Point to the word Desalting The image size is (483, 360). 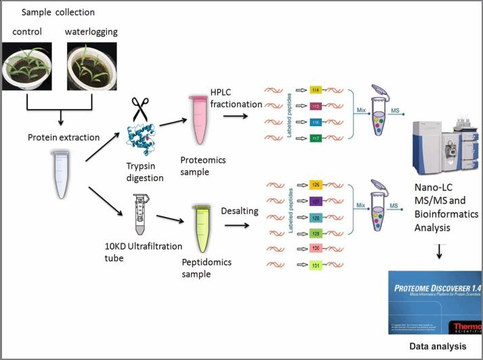point(240,211)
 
